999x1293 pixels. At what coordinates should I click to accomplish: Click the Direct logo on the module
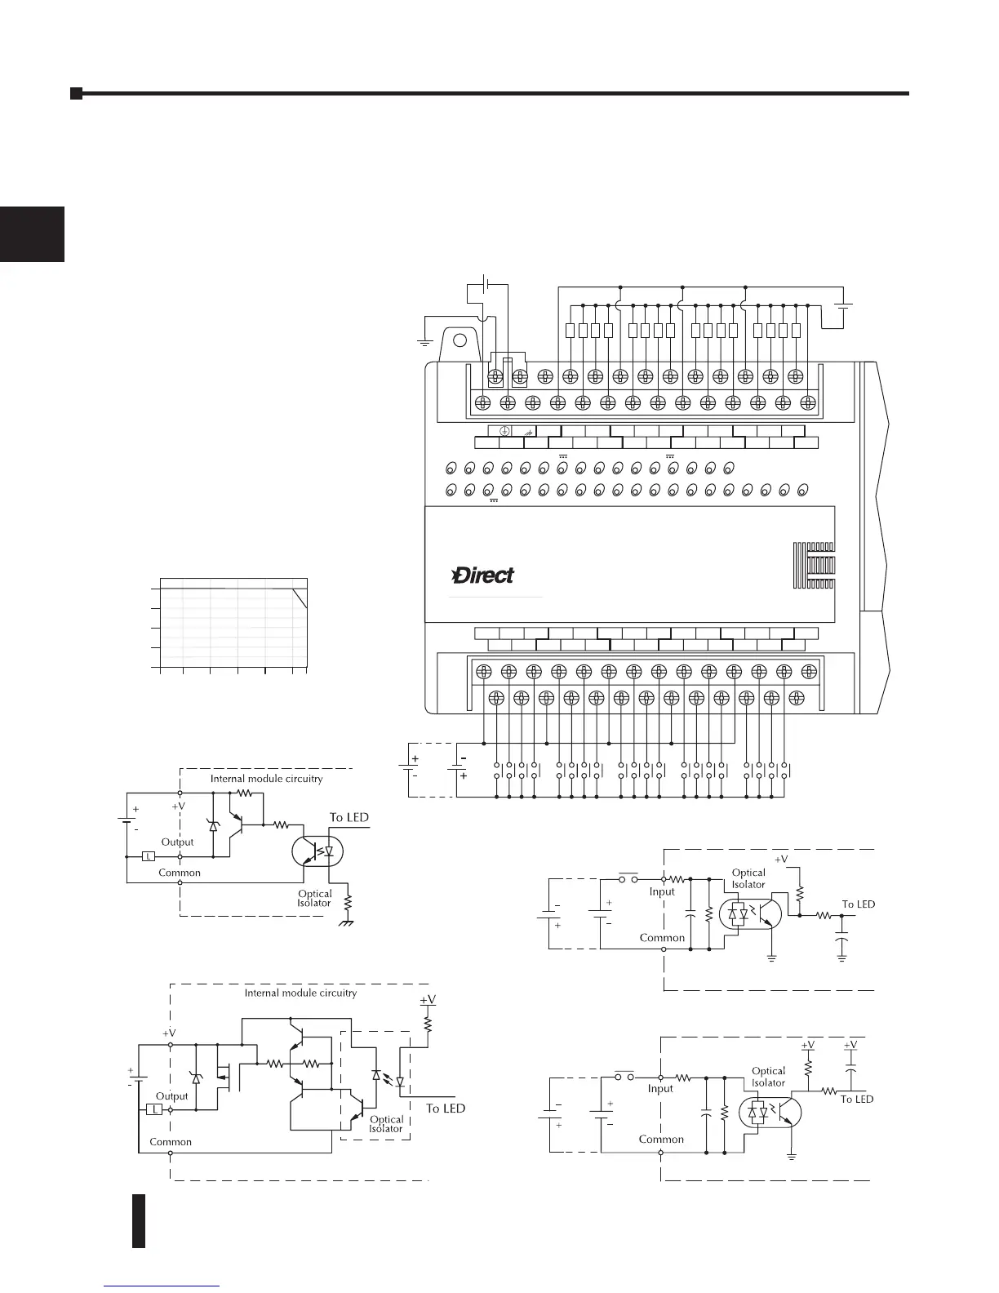pos(483,575)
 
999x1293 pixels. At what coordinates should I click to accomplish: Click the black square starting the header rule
pos(76,93)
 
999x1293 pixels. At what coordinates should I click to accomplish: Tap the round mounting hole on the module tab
pos(460,341)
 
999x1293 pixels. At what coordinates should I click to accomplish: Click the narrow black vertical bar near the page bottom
pos(139,1220)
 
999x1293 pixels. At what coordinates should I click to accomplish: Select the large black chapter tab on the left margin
pos(32,233)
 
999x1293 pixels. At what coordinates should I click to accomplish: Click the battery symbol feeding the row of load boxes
pos(843,306)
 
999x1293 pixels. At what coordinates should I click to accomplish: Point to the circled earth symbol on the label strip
pos(505,431)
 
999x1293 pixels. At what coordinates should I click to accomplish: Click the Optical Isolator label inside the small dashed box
pos(386,1123)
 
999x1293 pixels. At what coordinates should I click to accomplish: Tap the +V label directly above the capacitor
pos(850,1045)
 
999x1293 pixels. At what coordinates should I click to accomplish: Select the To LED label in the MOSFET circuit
pos(446,1108)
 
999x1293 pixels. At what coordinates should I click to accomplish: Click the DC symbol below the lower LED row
pos(493,502)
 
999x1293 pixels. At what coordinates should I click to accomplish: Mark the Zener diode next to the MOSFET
pos(195,1077)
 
